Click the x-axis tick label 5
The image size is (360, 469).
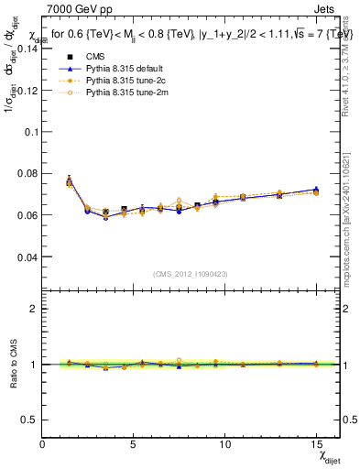click(134, 443)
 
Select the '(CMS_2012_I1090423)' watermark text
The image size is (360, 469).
click(191, 274)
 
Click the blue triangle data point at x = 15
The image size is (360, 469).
click(316, 190)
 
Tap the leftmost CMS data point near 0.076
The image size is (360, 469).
click(70, 182)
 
